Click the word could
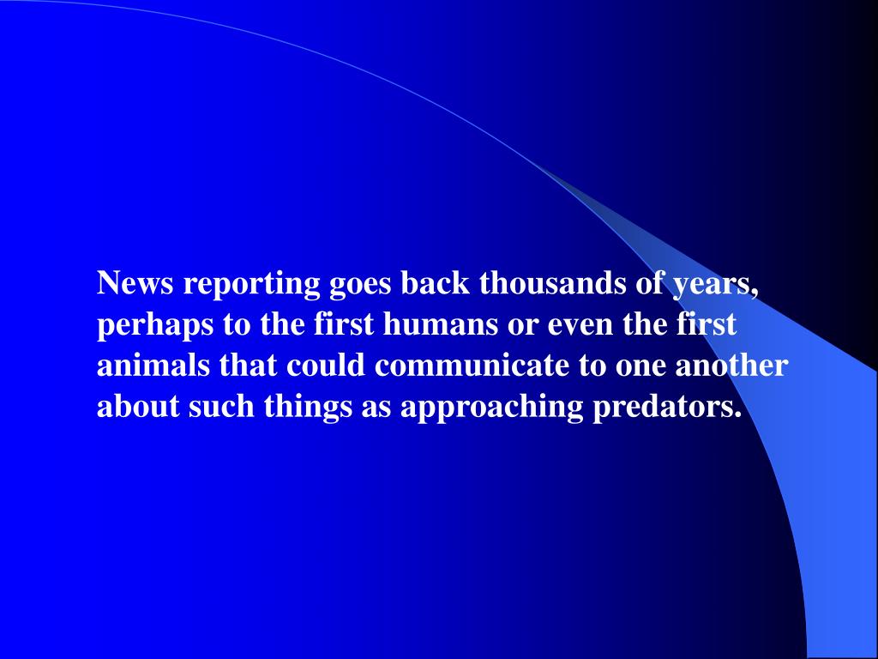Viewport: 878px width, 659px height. [x=328, y=366]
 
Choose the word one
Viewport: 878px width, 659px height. [x=641, y=366]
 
